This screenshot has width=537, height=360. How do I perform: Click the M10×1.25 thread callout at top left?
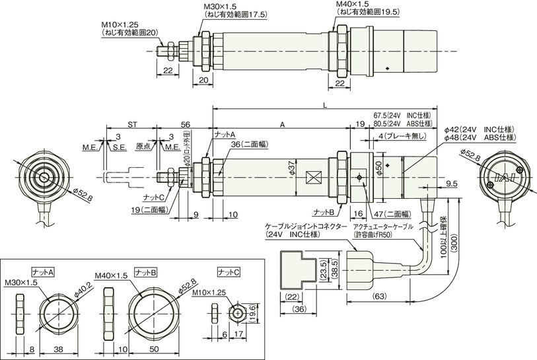coord(120,24)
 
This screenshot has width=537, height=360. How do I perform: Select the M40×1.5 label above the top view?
coord(352,4)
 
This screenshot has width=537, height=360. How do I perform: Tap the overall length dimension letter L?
coord(325,105)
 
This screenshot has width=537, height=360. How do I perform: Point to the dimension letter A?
coord(282,125)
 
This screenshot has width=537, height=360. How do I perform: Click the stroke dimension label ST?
coord(132,125)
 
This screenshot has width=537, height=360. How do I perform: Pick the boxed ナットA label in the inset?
coord(44,272)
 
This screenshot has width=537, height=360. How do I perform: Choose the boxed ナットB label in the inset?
coord(146,272)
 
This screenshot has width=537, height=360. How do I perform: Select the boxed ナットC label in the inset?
coord(229,272)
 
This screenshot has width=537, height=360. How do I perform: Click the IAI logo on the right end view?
coord(505,177)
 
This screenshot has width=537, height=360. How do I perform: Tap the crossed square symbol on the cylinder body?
coord(314,177)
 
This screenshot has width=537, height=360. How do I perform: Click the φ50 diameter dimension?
coord(378,168)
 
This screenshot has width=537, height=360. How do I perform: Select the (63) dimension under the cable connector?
coord(378,297)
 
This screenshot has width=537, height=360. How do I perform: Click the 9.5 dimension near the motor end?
coord(452,184)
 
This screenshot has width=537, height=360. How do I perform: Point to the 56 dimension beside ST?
coord(186,125)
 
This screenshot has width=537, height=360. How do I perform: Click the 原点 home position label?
coord(143,146)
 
